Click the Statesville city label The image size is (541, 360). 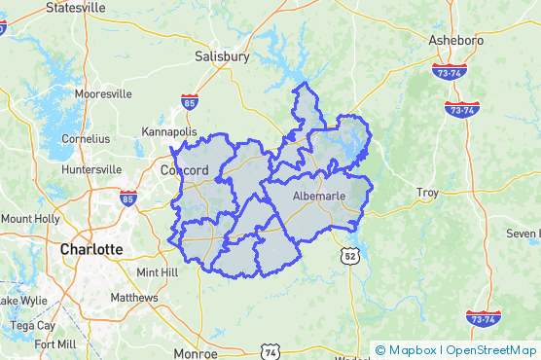click(75, 7)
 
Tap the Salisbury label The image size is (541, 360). click(222, 56)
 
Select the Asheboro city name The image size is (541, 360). click(457, 40)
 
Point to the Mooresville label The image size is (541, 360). click(103, 94)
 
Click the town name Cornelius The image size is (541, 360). click(86, 138)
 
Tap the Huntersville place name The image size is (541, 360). click(91, 169)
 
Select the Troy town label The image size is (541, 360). click(427, 193)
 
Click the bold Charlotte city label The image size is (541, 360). click(91, 249)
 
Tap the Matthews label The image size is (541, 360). click(134, 298)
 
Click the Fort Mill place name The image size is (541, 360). click(54, 344)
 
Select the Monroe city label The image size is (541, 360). click(195, 352)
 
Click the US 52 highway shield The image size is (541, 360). click(349, 255)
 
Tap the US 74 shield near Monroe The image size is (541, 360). click(270, 350)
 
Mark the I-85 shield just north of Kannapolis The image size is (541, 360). click(190, 100)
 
